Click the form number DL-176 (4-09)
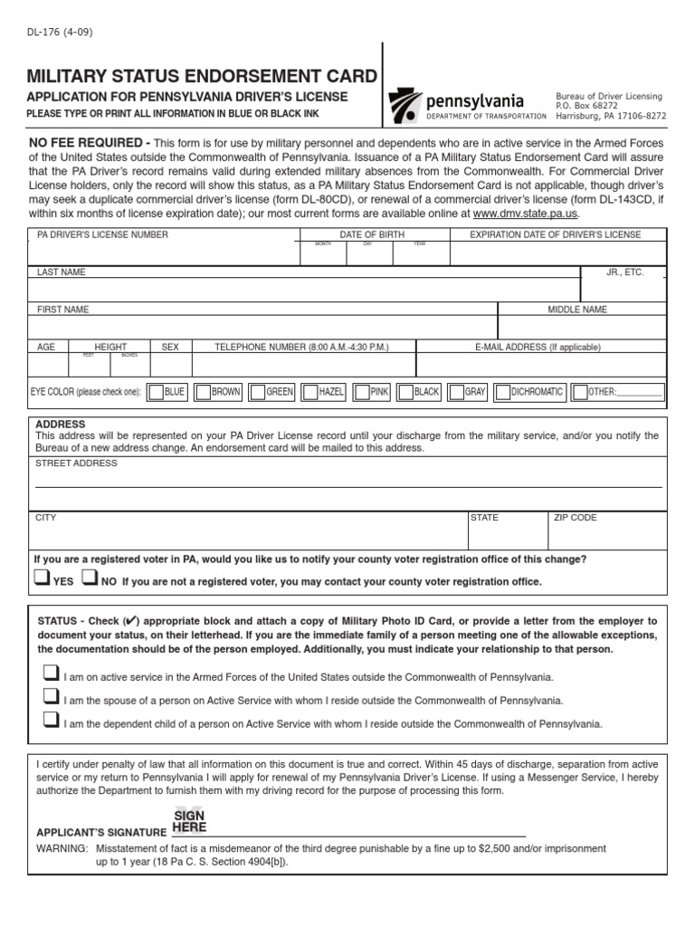point(60,33)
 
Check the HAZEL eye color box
point(309,392)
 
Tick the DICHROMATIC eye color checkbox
point(502,392)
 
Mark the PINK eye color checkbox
point(362,392)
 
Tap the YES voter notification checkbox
point(42,578)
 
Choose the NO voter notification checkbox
point(90,578)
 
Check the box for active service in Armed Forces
point(51,674)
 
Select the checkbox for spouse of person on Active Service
point(51,697)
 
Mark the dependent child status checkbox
point(51,721)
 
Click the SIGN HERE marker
point(189,821)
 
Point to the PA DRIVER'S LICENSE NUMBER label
point(102,235)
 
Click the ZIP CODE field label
point(576,518)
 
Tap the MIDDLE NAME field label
point(577,310)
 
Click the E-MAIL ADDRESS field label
point(538,347)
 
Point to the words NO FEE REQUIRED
point(90,143)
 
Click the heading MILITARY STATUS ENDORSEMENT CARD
point(202,75)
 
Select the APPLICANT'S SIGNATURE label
point(100,832)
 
